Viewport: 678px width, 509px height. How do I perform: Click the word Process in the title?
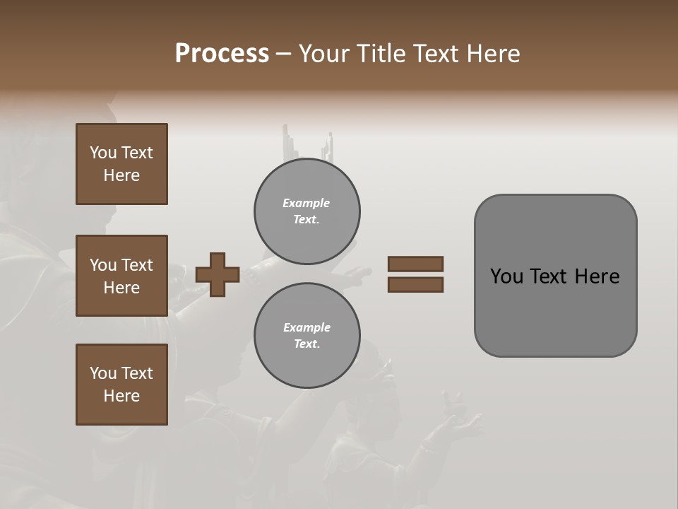pyautogui.click(x=222, y=54)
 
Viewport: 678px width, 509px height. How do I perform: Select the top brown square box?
pyautogui.click(x=121, y=164)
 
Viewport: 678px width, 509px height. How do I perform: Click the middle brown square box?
pyautogui.click(x=121, y=276)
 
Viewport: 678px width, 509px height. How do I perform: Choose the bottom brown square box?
pyautogui.click(x=121, y=385)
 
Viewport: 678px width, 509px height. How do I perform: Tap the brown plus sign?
pyautogui.click(x=218, y=274)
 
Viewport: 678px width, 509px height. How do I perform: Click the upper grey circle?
pyautogui.click(x=307, y=211)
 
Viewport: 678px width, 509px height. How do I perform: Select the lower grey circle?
pyautogui.click(x=307, y=335)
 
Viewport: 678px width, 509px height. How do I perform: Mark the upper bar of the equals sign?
pyautogui.click(x=416, y=264)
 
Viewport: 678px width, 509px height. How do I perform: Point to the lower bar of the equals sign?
pyautogui.click(x=416, y=284)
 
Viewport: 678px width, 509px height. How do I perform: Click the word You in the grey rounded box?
pyautogui.click(x=506, y=276)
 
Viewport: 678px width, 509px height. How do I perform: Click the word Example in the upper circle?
pyautogui.click(x=307, y=203)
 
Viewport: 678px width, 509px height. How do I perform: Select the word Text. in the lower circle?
pyautogui.click(x=307, y=344)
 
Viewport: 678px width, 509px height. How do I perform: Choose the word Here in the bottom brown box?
pyautogui.click(x=121, y=396)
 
